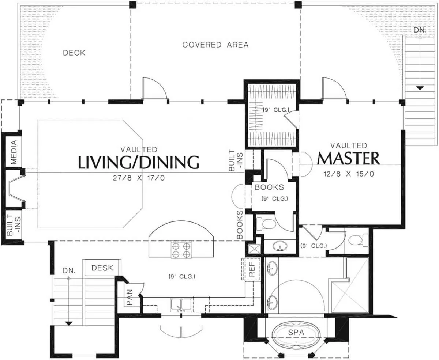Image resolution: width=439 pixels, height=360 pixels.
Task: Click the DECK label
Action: pos(74,53)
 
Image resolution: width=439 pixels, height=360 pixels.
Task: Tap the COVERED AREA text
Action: pos(215,45)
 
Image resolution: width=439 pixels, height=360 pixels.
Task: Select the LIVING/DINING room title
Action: pos(139,162)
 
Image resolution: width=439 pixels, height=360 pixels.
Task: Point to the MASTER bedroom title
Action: pos(348,159)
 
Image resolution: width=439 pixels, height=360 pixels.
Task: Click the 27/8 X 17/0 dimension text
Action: pos(139,178)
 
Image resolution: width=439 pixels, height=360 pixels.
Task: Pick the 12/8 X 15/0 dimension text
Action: pos(349,174)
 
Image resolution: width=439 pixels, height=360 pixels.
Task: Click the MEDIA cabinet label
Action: pos(14,152)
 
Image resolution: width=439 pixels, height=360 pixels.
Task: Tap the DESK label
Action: pos(102,268)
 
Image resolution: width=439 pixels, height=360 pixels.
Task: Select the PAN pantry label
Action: pos(130,298)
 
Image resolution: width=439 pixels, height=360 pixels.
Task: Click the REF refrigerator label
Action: pos(252,269)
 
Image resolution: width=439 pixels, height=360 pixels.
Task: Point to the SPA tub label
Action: pos(296,333)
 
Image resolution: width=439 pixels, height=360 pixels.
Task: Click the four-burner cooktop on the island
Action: pos(181,250)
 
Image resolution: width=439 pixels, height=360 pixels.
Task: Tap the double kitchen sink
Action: pos(181,305)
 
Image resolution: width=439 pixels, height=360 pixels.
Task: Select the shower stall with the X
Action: pos(350,285)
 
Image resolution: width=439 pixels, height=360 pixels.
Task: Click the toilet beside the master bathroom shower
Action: pos(359,240)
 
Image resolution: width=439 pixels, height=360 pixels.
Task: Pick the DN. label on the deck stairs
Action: pos(419,30)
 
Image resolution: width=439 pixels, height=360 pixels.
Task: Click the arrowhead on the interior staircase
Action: pos(69,323)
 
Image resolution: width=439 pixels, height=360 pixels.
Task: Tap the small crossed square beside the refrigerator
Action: pos(254,249)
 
